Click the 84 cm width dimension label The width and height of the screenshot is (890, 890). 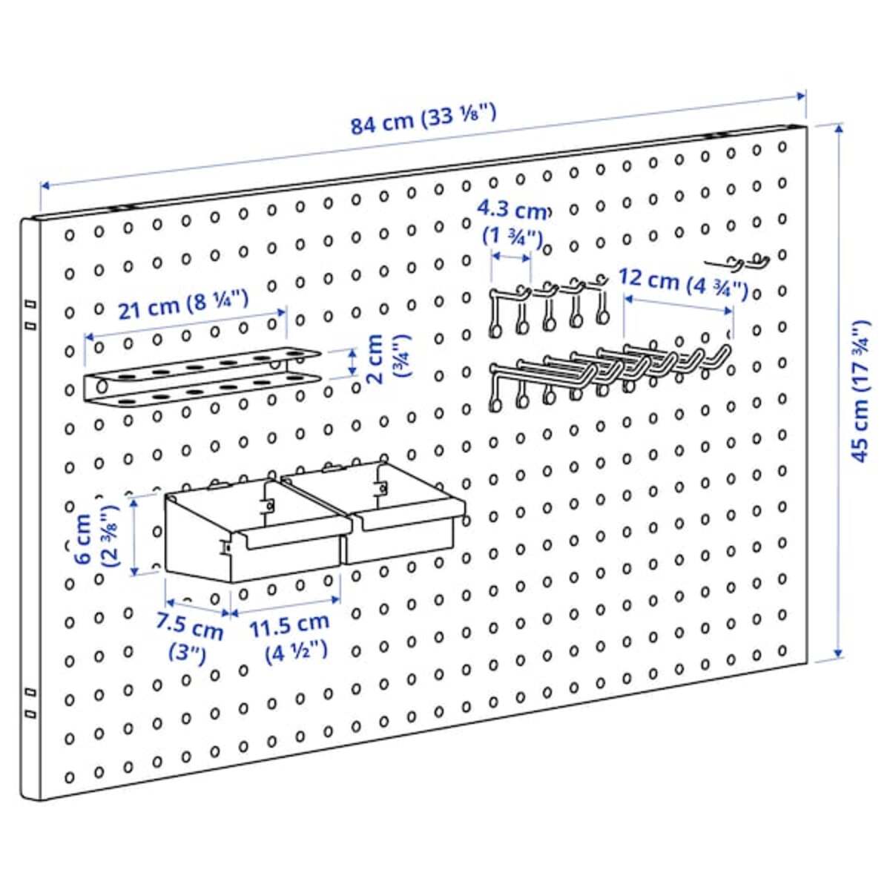[423, 120]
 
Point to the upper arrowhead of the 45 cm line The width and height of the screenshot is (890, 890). [839, 130]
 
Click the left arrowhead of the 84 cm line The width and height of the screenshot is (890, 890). [45, 185]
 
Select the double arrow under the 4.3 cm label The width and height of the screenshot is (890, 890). [511, 257]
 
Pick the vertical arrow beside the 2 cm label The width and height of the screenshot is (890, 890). [353, 362]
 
